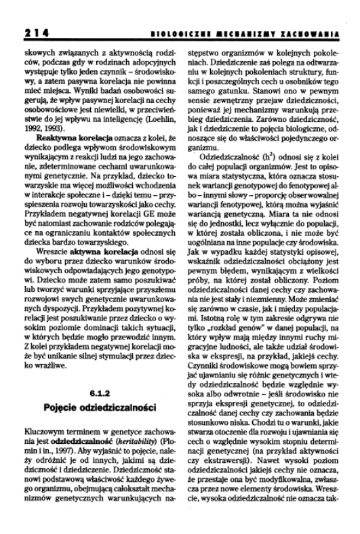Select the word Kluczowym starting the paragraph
pyautogui.click(x=42, y=430)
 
